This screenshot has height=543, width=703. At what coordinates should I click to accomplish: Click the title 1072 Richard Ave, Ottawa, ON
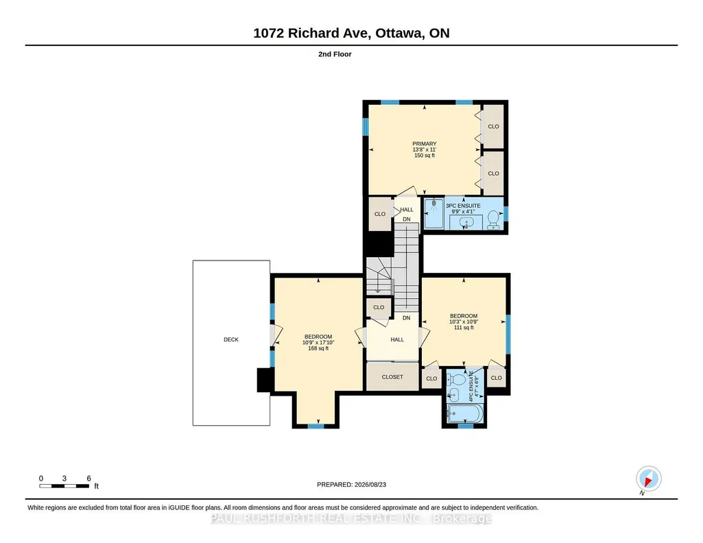[351, 33]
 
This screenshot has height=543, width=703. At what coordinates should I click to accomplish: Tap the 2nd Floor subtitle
[335, 54]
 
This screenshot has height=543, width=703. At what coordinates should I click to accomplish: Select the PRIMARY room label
[424, 144]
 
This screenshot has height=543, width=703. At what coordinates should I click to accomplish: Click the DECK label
[231, 339]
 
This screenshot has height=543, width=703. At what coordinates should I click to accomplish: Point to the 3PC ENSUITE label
[463, 206]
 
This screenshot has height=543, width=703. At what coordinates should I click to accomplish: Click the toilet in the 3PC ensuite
[493, 219]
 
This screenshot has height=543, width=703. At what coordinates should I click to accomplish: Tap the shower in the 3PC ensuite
[433, 214]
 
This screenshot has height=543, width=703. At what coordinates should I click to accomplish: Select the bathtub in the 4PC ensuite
[465, 413]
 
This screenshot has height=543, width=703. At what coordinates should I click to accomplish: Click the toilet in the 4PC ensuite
[456, 379]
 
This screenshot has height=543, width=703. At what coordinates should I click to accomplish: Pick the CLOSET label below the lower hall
[392, 377]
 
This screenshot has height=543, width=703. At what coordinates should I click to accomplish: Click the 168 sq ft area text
[318, 348]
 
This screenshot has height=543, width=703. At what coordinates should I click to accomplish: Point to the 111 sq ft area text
[464, 328]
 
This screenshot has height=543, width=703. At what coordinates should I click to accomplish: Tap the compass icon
[648, 479]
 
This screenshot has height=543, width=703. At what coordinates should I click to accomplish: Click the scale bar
[64, 486]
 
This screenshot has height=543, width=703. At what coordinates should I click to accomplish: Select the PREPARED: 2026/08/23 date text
[351, 484]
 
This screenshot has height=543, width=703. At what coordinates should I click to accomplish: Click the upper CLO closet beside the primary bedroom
[493, 126]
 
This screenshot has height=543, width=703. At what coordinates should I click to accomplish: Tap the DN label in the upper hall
[406, 219]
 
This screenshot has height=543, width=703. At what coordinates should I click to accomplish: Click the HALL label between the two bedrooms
[397, 339]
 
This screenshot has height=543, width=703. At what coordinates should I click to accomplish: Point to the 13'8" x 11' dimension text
[424, 149]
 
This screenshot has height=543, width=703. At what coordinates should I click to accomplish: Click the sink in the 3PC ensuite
[466, 221]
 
